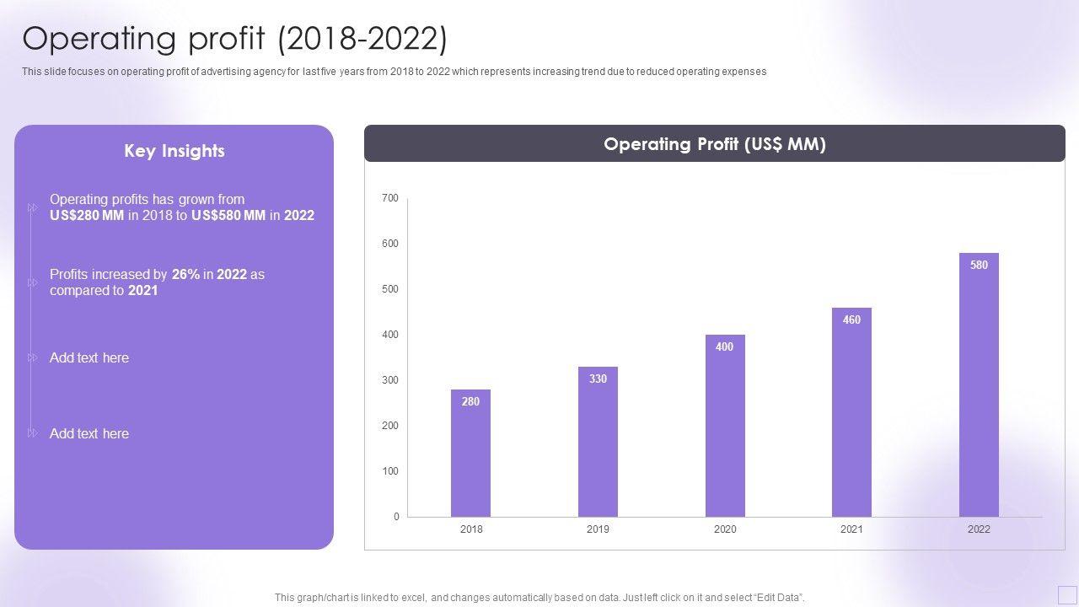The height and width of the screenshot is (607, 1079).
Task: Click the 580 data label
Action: point(979,265)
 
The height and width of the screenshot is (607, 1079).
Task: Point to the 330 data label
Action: point(598,379)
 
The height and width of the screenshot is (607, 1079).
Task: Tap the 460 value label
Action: point(851,320)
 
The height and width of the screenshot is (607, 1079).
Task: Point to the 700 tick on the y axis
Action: point(389,198)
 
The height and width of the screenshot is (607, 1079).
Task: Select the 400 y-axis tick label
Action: point(389,335)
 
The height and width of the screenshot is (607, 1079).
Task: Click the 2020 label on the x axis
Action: point(725,529)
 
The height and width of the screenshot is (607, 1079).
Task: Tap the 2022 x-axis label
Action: point(979,529)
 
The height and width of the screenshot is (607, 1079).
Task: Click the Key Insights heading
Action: point(174,151)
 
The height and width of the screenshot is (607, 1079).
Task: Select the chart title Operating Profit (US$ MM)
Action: point(715,144)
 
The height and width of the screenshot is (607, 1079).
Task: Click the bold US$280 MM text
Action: point(87,216)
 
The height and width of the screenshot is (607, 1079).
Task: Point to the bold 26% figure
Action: point(185,274)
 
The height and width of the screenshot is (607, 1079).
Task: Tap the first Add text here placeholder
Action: point(89,357)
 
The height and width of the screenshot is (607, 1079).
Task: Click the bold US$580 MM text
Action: point(228,216)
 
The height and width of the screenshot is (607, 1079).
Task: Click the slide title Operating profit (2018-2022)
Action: point(235,39)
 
